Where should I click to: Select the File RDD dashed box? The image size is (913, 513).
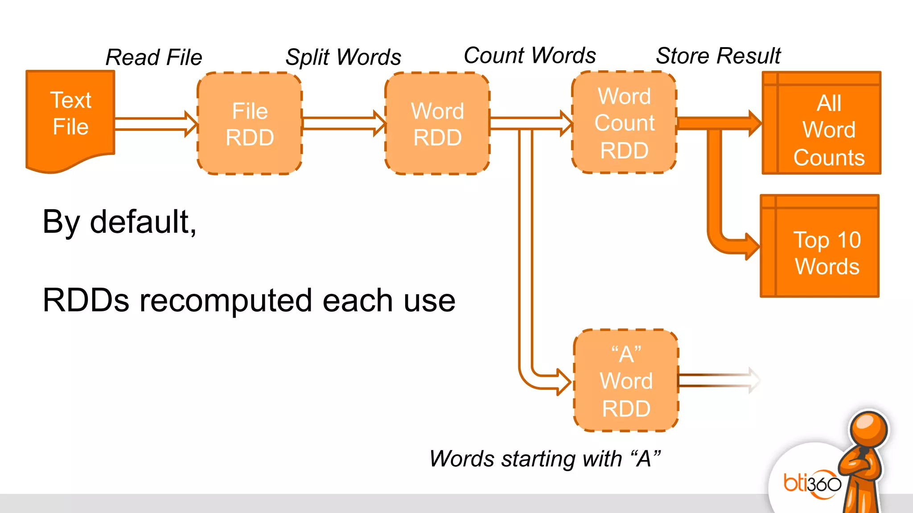(x=250, y=124)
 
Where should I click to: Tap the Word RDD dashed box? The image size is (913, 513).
(x=437, y=124)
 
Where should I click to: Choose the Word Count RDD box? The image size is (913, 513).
(x=624, y=123)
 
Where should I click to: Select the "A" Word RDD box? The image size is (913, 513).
(x=626, y=381)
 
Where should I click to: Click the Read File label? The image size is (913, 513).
(x=154, y=57)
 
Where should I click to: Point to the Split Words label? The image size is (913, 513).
(x=343, y=57)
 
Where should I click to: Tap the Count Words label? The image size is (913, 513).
(x=530, y=56)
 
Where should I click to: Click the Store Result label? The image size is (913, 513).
(x=718, y=56)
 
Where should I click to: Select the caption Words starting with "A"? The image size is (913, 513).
(x=545, y=459)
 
